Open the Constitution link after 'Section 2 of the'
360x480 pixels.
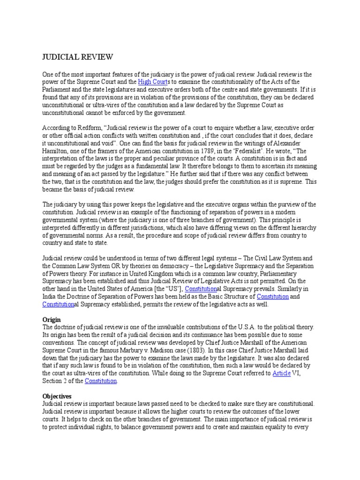pos(100,381)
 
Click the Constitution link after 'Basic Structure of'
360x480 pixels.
pos(273,296)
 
